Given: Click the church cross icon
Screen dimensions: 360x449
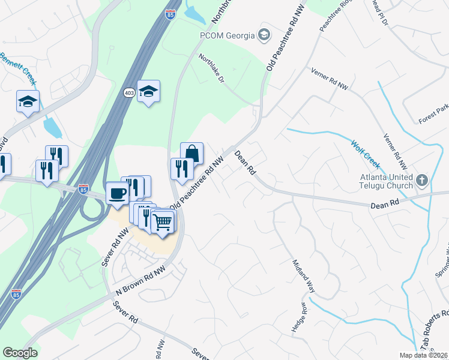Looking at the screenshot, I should tap(422, 179).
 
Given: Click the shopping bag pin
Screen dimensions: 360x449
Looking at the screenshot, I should tap(191, 153).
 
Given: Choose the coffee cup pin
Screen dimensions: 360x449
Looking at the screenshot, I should tap(118, 193).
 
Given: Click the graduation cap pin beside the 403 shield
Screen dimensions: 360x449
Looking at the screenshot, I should tap(148, 91).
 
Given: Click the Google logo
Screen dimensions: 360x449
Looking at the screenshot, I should tap(20, 353).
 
